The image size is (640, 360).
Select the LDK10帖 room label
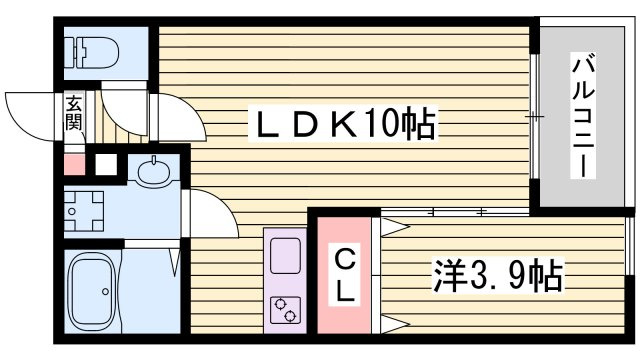340,125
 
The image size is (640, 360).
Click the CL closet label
344,277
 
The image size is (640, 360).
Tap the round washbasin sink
154,172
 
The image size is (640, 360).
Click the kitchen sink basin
284,252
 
